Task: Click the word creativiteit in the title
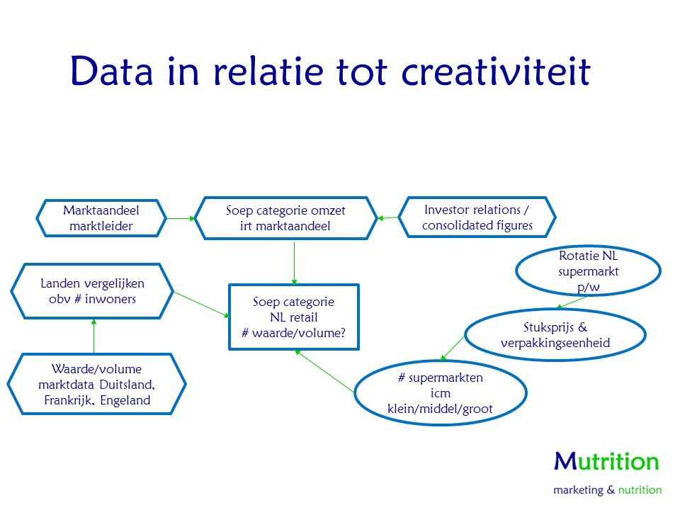(x=496, y=71)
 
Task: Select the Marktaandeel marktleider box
(x=101, y=218)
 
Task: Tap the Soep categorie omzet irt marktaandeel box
(x=285, y=218)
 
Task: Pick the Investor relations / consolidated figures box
(x=477, y=217)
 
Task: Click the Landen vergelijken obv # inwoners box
(x=92, y=291)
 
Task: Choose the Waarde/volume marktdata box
(x=97, y=384)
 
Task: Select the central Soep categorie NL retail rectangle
(x=294, y=317)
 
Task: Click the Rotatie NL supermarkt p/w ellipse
(x=588, y=271)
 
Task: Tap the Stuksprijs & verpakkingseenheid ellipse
(x=555, y=335)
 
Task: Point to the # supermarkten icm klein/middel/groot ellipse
(x=440, y=393)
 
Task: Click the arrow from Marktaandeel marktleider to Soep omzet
(x=181, y=219)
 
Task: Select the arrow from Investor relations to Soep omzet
(x=388, y=217)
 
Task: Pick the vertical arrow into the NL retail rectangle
(x=294, y=263)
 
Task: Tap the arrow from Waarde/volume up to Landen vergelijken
(x=93, y=336)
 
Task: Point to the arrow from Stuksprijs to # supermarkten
(x=453, y=348)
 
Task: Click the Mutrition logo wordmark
(x=607, y=461)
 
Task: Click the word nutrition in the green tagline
(x=640, y=490)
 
